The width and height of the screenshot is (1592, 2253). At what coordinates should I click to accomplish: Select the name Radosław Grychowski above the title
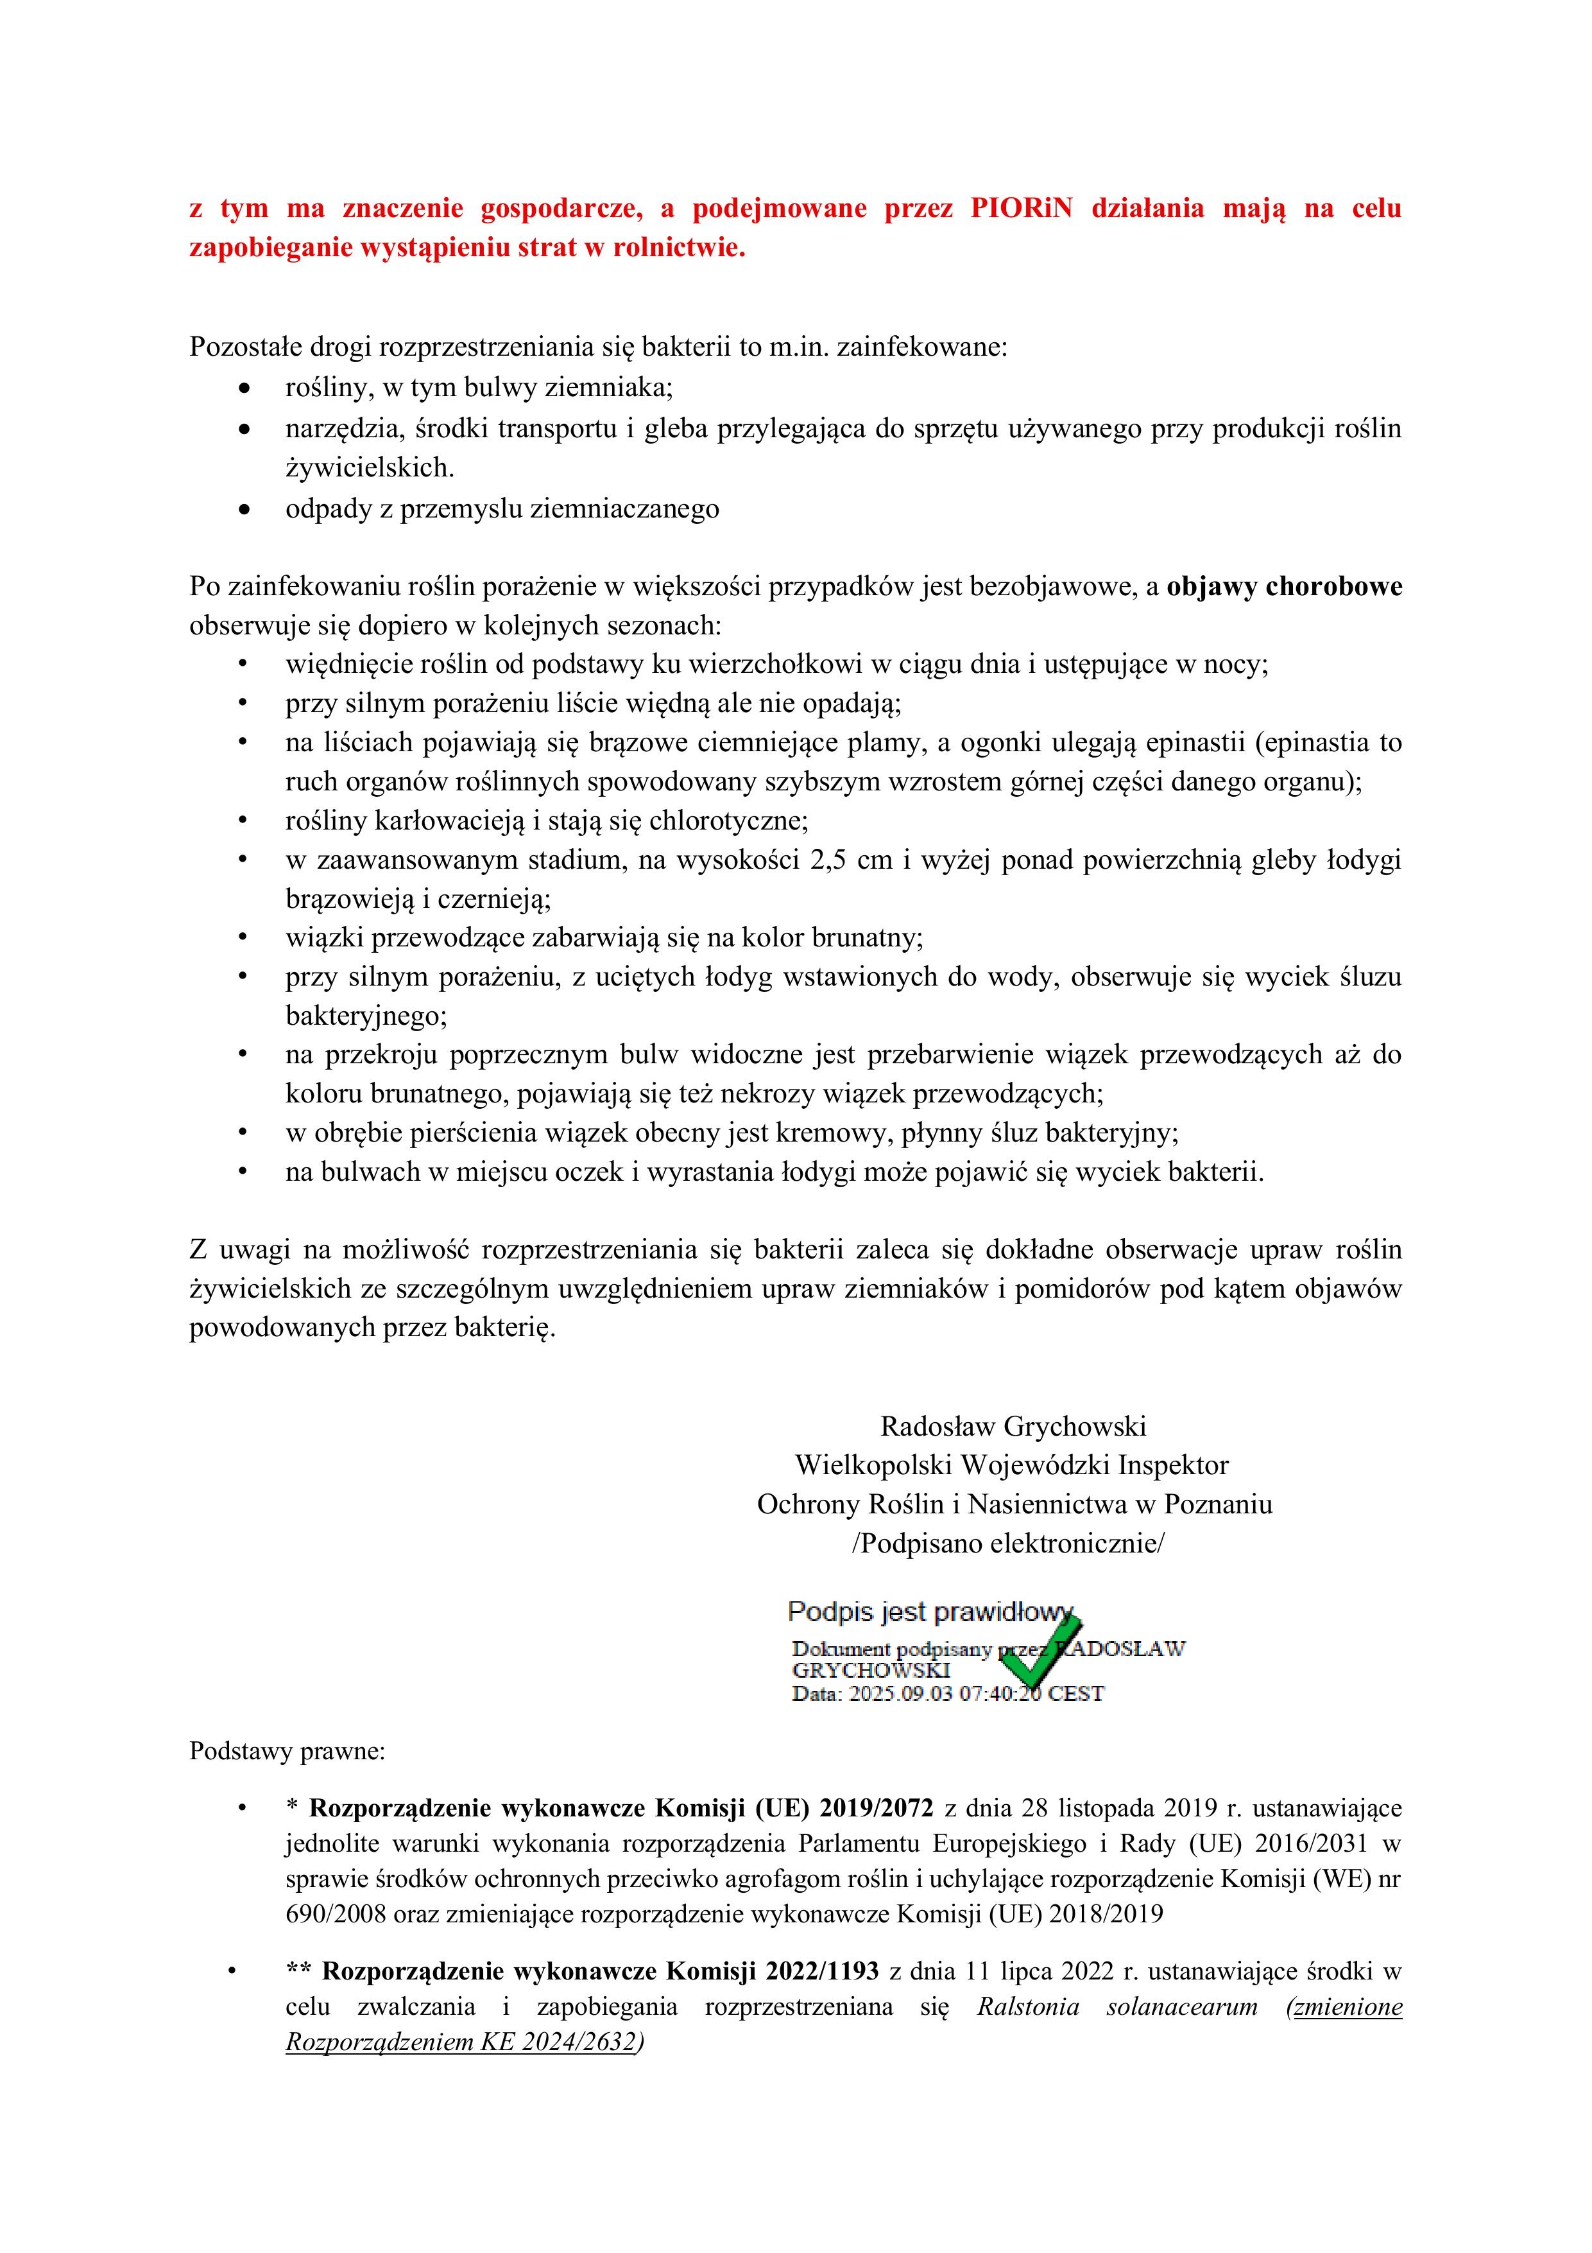click(x=1013, y=1426)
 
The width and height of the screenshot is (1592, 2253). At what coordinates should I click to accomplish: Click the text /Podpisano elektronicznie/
click(x=1007, y=1544)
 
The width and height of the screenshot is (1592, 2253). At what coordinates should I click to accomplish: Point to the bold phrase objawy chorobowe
click(x=1284, y=587)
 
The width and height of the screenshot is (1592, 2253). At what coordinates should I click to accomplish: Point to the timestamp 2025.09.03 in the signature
click(x=900, y=1694)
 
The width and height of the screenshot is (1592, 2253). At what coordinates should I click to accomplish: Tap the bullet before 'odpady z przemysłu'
click(x=244, y=509)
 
